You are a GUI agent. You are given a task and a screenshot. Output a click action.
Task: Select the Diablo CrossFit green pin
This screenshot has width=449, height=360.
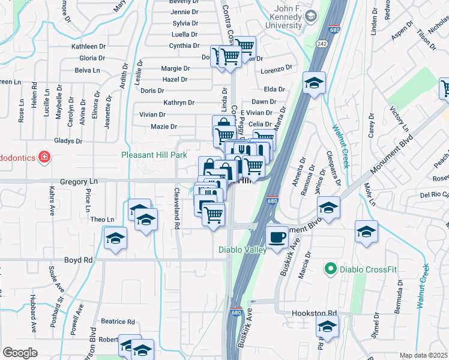[x=330, y=269]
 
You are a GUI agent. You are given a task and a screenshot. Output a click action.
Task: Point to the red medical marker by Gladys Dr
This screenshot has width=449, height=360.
[x=43, y=158]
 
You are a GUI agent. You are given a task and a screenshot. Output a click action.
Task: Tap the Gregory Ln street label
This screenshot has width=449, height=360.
[x=78, y=181]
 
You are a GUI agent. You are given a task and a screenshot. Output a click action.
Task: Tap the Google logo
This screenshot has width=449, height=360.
[x=20, y=353]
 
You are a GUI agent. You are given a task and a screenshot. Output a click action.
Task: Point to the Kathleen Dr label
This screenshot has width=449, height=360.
[x=88, y=46]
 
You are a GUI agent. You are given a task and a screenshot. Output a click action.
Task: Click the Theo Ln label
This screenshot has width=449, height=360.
[x=102, y=220]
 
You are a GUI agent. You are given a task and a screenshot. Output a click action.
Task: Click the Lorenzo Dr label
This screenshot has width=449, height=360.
[x=276, y=68]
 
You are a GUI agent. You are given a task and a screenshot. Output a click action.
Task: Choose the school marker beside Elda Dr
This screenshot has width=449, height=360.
[x=313, y=84]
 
